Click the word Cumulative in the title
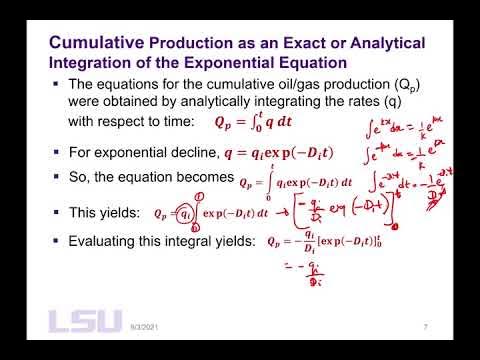pos(96,43)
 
